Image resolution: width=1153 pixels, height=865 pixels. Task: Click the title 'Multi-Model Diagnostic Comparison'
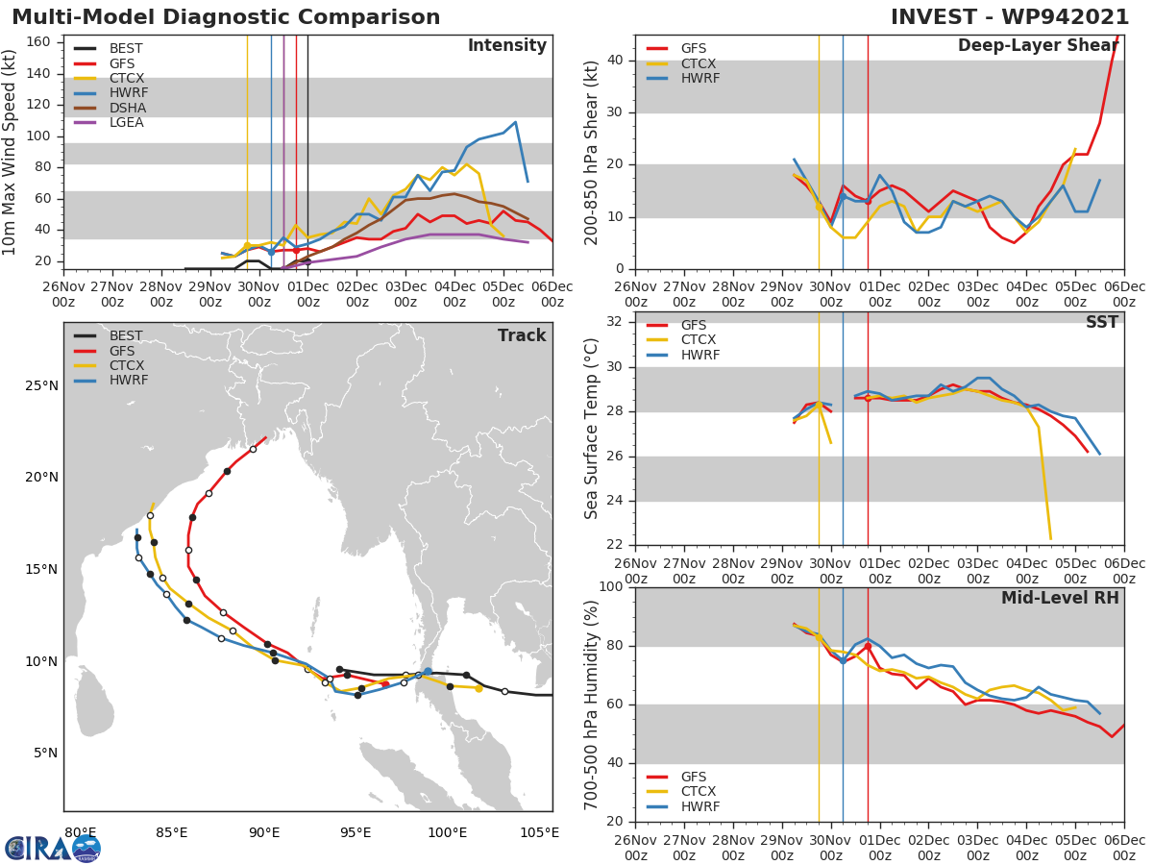pos(226,17)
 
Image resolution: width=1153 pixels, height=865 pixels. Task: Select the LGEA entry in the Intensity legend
pos(127,123)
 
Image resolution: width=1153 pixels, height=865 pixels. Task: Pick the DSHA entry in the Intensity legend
pos(127,108)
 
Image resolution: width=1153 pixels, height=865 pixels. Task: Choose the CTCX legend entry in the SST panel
pos(699,340)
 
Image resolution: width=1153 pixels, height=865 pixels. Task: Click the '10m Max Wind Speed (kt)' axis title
pos(11,152)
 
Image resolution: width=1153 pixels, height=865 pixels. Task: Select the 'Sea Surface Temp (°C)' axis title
pos(592,429)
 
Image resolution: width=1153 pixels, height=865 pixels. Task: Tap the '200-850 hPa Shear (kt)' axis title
pos(592,152)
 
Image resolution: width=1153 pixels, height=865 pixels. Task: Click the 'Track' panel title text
pos(521,336)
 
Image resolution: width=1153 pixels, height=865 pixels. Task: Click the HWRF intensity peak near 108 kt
pos(516,122)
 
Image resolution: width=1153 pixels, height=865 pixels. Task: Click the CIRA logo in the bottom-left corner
pos(52,848)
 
